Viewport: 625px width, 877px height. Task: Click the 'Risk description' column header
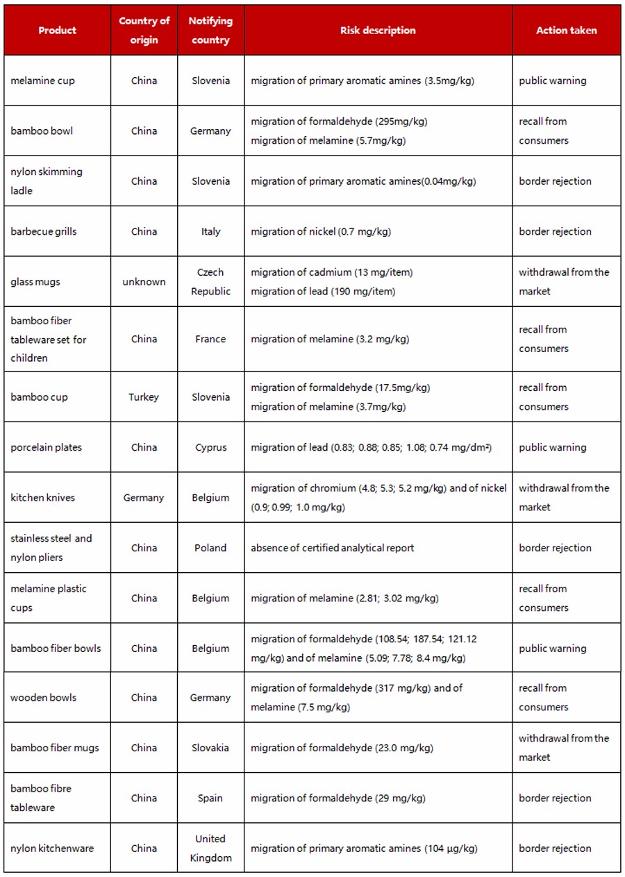(x=378, y=31)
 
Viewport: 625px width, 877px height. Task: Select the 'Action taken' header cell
(x=566, y=31)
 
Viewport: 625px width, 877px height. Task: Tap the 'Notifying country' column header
(x=210, y=31)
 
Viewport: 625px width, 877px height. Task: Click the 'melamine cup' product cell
(x=42, y=81)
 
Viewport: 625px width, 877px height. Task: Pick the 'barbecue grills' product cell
(x=44, y=231)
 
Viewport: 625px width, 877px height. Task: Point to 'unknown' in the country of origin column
(x=144, y=282)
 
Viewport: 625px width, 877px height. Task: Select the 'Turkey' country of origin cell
(x=144, y=397)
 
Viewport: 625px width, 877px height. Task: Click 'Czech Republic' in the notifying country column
(x=210, y=282)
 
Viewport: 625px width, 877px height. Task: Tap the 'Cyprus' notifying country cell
(x=210, y=447)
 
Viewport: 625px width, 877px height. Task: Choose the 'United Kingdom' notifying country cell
(x=210, y=848)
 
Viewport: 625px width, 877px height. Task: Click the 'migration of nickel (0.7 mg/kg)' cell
(x=321, y=231)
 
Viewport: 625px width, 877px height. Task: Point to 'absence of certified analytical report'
(x=332, y=548)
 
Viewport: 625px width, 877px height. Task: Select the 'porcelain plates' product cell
(x=46, y=447)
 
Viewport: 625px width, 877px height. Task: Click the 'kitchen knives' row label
(x=42, y=497)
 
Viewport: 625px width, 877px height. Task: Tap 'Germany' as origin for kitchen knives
(x=144, y=497)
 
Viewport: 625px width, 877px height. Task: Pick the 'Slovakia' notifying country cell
(x=210, y=748)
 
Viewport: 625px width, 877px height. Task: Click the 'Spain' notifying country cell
(x=210, y=798)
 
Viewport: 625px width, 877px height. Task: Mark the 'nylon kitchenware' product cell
(x=52, y=848)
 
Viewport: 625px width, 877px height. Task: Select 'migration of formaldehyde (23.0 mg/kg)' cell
(x=342, y=748)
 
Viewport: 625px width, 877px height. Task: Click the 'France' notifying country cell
(x=210, y=339)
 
